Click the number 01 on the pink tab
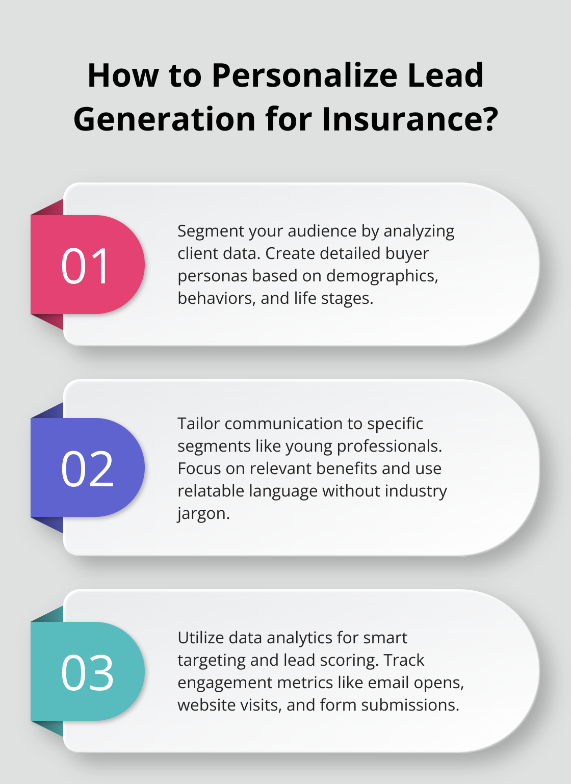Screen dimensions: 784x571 pyautogui.click(x=85, y=266)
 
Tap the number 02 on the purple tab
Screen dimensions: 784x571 pyautogui.click(x=87, y=468)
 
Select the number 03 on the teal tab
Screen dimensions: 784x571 pyautogui.click(x=87, y=673)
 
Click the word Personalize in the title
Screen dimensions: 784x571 pyautogui.click(x=304, y=75)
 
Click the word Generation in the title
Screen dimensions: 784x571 pyautogui.click(x=164, y=119)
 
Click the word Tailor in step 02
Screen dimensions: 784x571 pyautogui.click(x=199, y=424)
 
